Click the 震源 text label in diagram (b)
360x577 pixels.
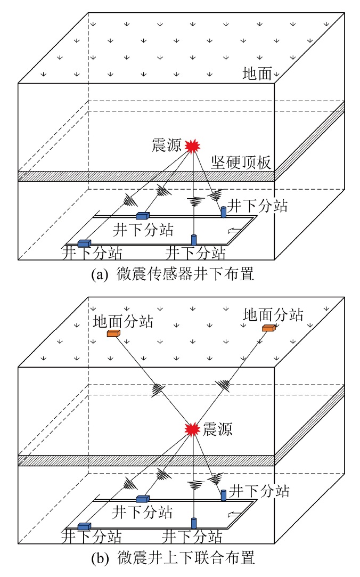[x=218, y=429]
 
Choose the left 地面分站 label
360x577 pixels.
[x=123, y=321]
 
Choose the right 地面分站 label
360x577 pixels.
[x=273, y=314]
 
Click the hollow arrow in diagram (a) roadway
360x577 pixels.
[x=233, y=230]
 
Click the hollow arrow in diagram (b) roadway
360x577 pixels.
[x=233, y=514]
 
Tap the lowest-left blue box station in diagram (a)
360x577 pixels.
[x=84, y=243]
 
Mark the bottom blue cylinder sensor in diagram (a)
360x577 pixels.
[x=194, y=239]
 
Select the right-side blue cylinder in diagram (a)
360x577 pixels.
[x=224, y=212]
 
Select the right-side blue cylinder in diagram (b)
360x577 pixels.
[x=224, y=495]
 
